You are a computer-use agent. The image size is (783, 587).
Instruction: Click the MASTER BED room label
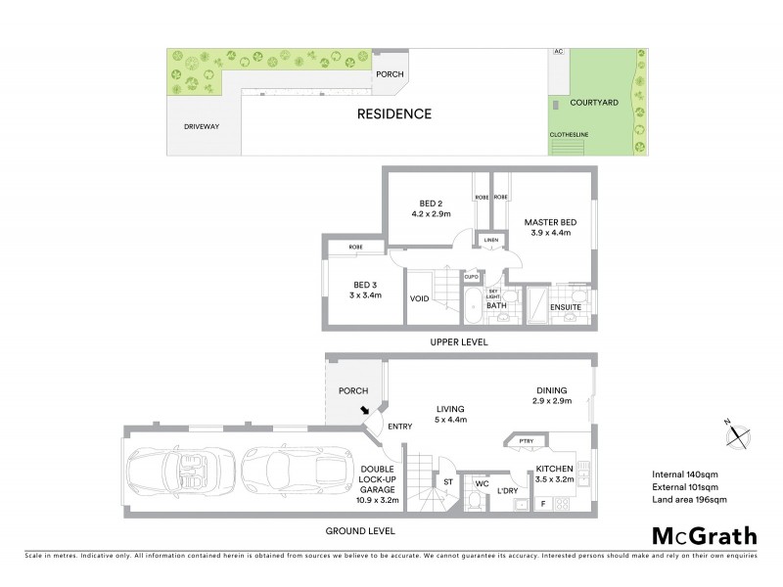pyautogui.click(x=549, y=228)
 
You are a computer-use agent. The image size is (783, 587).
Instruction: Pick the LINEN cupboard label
pyautogui.click(x=490, y=240)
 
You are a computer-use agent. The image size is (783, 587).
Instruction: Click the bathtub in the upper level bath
pyautogui.click(x=472, y=304)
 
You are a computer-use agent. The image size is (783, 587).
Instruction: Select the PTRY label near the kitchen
pyautogui.click(x=527, y=441)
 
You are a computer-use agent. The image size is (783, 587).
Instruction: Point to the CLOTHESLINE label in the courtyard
pyautogui.click(x=568, y=136)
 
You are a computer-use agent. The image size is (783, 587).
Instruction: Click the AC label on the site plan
pyautogui.click(x=559, y=51)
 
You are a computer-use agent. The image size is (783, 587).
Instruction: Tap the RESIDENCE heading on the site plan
pyautogui.click(x=393, y=113)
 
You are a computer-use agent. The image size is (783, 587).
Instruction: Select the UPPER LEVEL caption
pyautogui.click(x=458, y=342)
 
